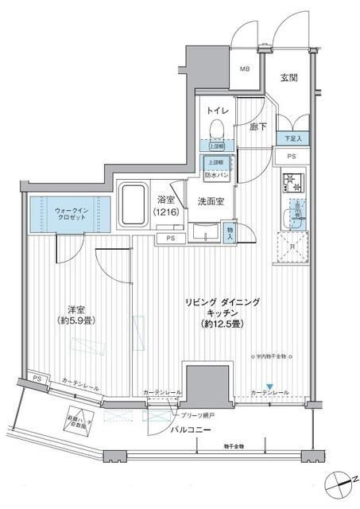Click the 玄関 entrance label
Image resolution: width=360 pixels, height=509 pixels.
tap(288, 77)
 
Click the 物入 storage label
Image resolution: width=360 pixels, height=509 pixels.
tap(230, 232)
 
